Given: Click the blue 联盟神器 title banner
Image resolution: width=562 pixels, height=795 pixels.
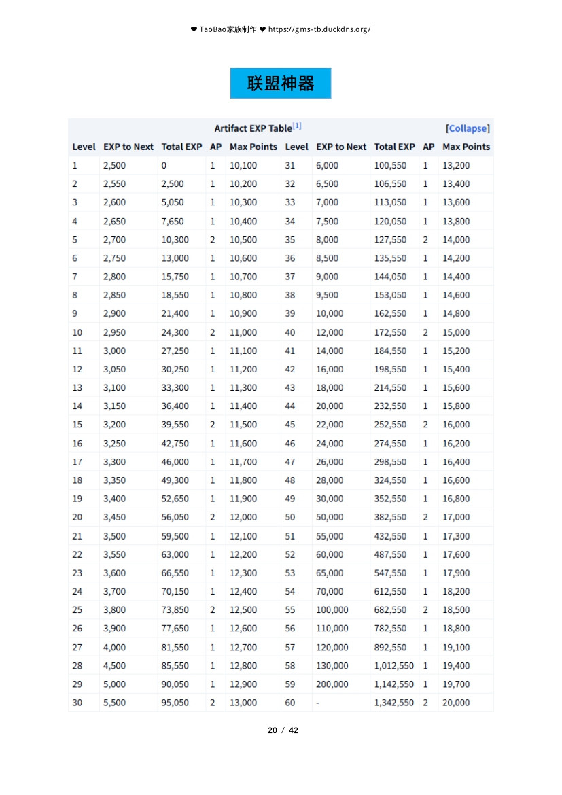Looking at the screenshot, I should (x=281, y=84).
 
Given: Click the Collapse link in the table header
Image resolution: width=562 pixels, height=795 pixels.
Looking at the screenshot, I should (x=468, y=128).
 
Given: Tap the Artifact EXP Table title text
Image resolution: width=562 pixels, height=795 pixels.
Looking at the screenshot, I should (x=253, y=128).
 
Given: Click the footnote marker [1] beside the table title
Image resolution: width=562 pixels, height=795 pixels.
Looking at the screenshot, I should (x=297, y=126).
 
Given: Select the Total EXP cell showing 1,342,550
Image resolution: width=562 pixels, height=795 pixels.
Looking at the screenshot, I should (x=393, y=703).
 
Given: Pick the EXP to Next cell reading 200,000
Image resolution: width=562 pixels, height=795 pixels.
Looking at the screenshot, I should (x=332, y=684).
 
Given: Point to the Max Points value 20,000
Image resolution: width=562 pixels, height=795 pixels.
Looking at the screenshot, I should (x=455, y=703).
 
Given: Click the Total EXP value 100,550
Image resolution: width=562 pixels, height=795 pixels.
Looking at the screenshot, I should (x=390, y=165).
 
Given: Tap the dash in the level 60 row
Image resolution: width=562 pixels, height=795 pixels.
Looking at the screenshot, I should (x=317, y=703).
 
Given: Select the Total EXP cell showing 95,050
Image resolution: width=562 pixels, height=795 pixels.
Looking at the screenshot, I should (x=175, y=703).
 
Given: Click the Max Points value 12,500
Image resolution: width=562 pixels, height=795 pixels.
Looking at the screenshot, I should (x=243, y=610).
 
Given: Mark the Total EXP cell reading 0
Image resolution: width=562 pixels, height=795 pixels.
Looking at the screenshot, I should (x=164, y=165).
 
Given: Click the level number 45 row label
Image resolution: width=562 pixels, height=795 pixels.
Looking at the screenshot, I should (x=290, y=425).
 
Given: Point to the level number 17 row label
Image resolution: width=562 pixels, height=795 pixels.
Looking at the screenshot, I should (x=77, y=462).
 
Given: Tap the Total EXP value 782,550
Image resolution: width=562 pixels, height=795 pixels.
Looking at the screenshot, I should (x=390, y=629).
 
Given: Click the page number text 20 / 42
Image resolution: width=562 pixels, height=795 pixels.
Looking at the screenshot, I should (x=283, y=730).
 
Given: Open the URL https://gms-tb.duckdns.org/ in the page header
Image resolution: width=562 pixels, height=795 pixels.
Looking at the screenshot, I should (x=319, y=29).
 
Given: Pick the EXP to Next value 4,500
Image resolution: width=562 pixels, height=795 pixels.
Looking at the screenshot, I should (x=114, y=666).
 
